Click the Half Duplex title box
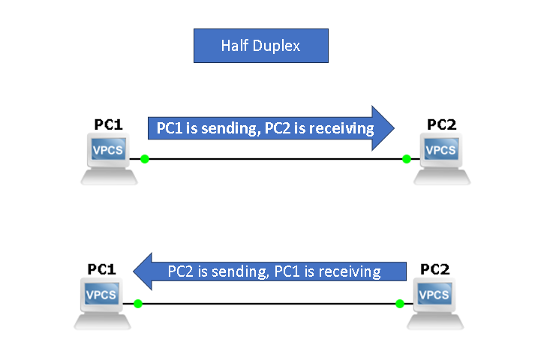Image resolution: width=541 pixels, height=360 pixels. tap(261, 46)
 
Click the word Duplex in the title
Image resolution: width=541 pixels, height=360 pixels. tap(277, 46)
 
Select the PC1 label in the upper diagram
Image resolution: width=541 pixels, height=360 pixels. tap(108, 124)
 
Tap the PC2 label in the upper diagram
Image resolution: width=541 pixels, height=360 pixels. tap(441, 124)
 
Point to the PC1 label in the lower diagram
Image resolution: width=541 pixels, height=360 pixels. tap(102, 268)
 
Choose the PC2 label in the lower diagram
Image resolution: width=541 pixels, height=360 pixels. tap(435, 268)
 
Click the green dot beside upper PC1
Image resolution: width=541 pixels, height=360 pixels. tap(145, 159)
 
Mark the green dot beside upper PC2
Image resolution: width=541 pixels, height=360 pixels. tap(406, 159)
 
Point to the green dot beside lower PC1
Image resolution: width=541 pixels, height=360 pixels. tap(138, 304)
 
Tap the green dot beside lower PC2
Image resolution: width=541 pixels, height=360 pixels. tap(399, 304)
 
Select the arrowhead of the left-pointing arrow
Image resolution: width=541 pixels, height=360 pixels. tap(143, 271)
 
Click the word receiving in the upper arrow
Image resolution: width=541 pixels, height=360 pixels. tap(341, 129)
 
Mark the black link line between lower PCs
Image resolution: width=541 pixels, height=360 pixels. tap(269, 304)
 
